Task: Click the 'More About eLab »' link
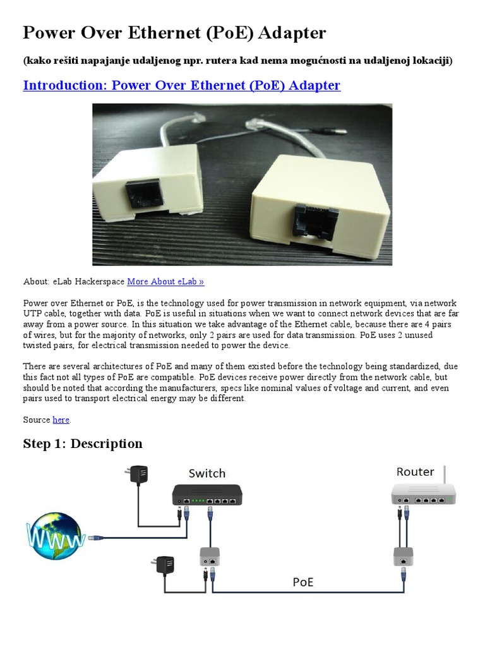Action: coord(165,282)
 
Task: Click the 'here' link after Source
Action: coord(61,420)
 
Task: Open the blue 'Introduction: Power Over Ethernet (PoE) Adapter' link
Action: coord(182,85)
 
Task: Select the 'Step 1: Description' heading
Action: coord(83,444)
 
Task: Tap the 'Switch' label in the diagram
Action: coord(207,473)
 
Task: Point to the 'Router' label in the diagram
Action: coord(415,472)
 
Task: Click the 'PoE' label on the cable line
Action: coord(303,582)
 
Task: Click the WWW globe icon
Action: coord(56,536)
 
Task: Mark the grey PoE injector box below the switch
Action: coord(210,557)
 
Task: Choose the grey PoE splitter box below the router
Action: coord(403,556)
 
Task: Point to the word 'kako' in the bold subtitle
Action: coord(37,61)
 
